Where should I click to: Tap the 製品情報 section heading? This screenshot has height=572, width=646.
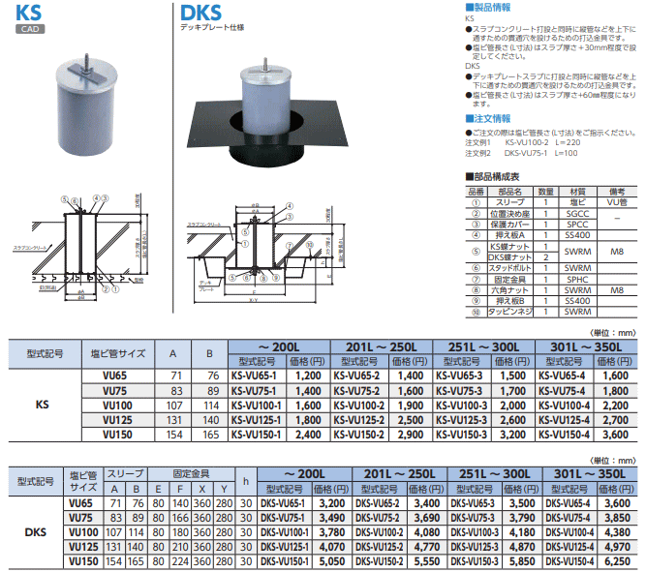(489, 7)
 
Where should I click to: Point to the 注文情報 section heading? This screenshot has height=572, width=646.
(489, 118)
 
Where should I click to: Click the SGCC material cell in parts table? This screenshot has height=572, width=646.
(576, 213)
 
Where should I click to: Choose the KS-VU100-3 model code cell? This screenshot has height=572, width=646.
(461, 405)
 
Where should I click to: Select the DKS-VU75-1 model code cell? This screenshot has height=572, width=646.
(284, 519)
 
